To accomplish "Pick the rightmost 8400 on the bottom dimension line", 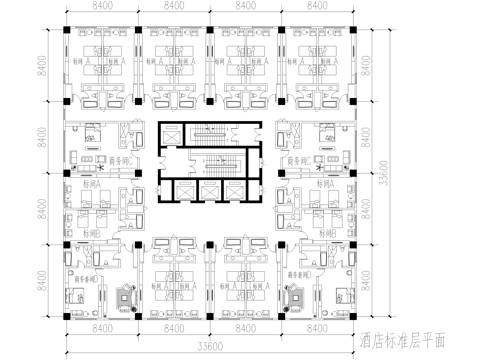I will pos(316,327).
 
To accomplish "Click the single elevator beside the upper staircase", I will pos(171,135).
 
